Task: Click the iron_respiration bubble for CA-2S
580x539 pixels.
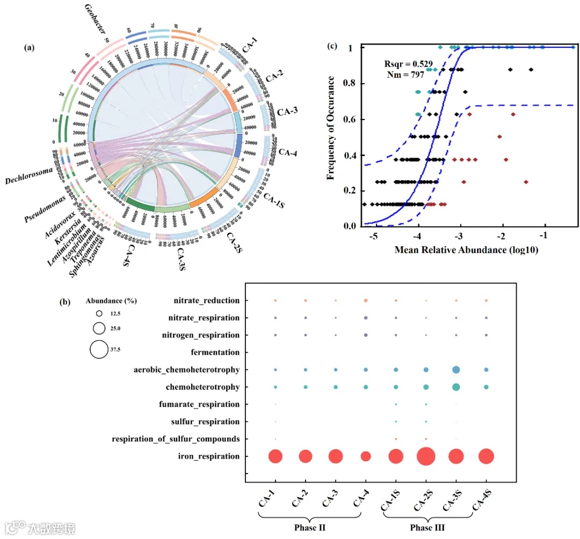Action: point(426,456)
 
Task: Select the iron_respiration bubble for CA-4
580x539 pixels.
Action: point(366,456)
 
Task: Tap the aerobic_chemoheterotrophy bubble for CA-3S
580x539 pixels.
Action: point(456,370)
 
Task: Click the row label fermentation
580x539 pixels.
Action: point(215,352)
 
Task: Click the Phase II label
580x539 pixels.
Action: point(310,527)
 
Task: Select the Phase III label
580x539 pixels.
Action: point(427,527)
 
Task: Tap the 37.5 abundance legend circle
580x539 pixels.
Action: point(99,349)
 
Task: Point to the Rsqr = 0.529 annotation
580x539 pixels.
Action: point(409,63)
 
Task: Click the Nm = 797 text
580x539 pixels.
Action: point(406,75)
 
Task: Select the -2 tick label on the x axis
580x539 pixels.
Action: point(502,237)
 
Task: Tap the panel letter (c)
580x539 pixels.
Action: point(332,46)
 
